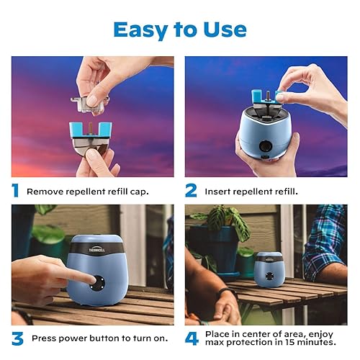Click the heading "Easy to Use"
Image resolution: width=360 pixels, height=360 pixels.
(x=179, y=29)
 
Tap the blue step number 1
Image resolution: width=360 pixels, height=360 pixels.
(x=15, y=190)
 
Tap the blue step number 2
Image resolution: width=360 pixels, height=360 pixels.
(x=191, y=190)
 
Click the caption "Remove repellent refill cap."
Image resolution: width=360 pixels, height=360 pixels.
(x=87, y=192)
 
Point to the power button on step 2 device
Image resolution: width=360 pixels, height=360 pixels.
(x=266, y=147)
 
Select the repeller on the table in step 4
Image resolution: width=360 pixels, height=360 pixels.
(x=269, y=269)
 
